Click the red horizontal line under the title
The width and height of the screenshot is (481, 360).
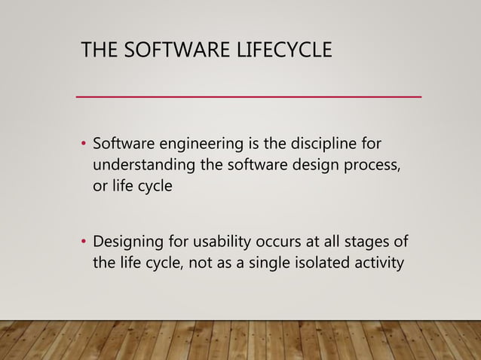[249, 97]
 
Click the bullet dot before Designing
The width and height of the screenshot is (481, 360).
[84, 243]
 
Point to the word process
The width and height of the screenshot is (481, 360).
[367, 165]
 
